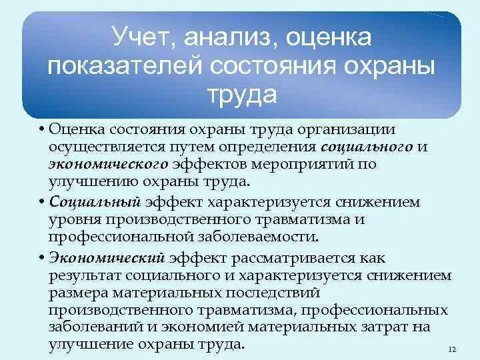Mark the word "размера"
75,292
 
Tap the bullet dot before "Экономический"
41,258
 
